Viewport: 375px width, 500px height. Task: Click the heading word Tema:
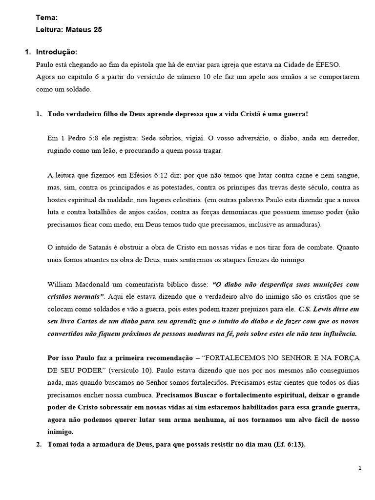point(47,18)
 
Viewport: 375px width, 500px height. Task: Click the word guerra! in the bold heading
point(295,114)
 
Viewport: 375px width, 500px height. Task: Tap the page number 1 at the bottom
point(360,468)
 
